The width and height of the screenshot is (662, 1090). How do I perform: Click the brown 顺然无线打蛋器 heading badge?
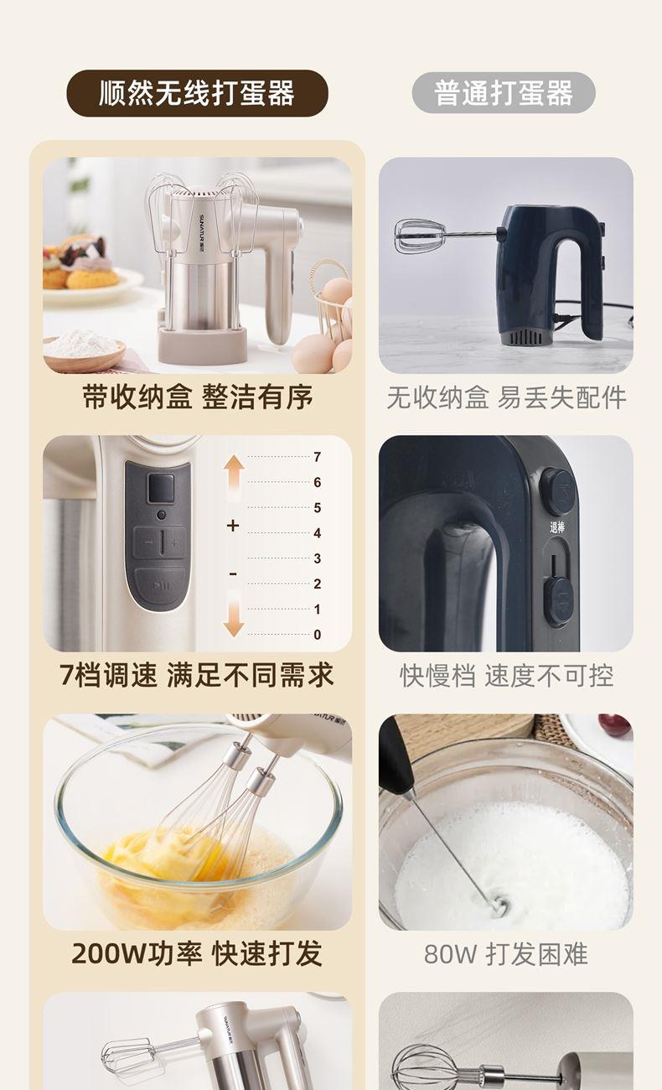(197, 93)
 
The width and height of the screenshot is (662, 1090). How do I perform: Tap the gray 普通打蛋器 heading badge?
(504, 92)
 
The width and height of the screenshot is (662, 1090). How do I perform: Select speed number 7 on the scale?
(317, 457)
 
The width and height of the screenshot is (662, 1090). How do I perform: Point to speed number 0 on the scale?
(317, 635)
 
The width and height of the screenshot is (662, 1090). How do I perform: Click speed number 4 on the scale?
(317, 533)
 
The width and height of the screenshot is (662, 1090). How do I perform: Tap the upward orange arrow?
(234, 478)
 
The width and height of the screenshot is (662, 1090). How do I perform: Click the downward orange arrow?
(234, 613)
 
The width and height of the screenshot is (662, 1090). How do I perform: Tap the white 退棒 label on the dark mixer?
(557, 527)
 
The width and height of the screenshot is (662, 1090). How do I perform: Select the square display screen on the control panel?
(161, 489)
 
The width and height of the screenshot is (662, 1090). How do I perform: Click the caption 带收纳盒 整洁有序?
(198, 397)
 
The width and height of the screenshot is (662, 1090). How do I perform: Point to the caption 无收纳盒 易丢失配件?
(506, 397)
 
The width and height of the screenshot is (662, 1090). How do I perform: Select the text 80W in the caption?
(449, 954)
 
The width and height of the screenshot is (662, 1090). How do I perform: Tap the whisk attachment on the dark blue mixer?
(421, 236)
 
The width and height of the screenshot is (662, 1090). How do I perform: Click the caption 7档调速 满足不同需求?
(197, 675)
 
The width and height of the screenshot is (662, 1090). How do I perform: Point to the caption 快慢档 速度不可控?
(506, 676)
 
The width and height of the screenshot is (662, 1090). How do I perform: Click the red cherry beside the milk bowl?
(615, 725)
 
